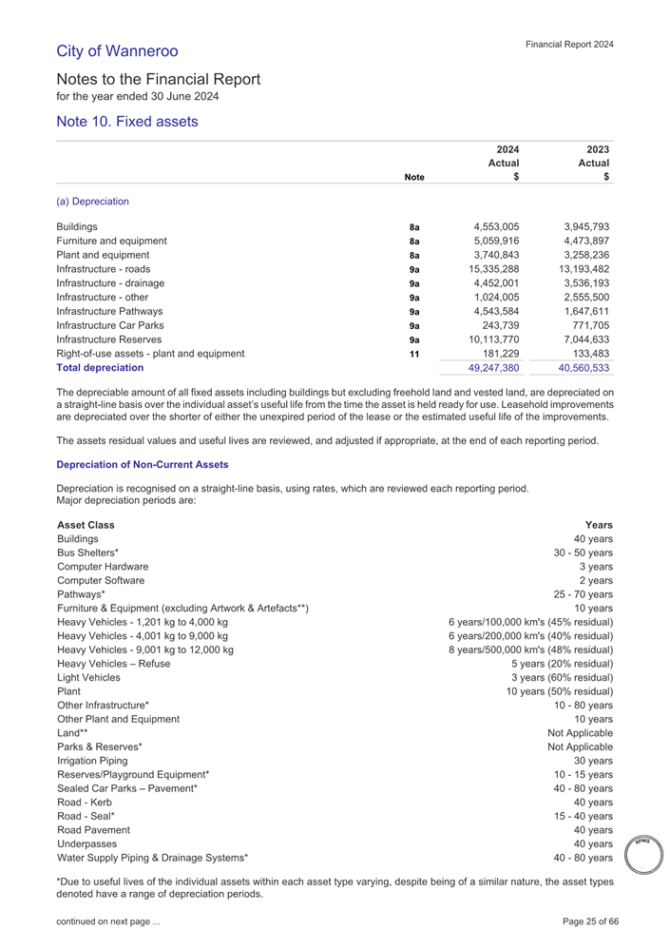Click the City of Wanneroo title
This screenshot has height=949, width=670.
(117, 49)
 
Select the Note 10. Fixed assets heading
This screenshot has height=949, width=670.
(126, 122)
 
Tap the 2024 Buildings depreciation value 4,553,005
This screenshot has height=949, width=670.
(495, 227)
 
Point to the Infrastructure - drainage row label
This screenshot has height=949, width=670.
(111, 282)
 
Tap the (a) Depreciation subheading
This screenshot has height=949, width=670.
(94, 202)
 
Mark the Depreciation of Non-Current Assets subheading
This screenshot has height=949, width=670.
(143, 464)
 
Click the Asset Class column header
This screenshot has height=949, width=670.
(86, 525)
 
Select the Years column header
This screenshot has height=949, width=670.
(599, 525)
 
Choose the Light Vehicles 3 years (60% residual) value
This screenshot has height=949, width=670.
(562, 678)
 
